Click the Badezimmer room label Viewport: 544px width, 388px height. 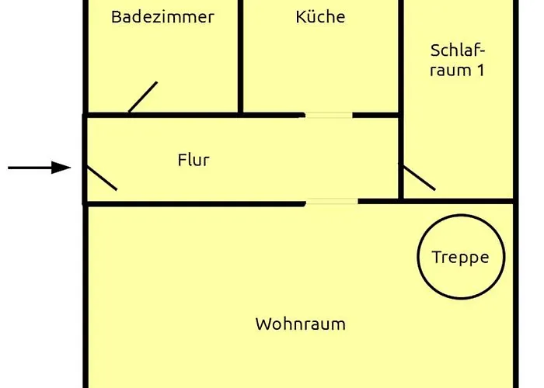pos(162,17)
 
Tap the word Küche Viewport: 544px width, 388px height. pos(320,17)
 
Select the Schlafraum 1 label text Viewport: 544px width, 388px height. pos(458,60)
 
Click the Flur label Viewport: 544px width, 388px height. pos(194,161)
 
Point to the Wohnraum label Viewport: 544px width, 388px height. pos(300,324)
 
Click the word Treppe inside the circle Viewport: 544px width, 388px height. pos(461,258)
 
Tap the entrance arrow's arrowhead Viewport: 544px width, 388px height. pos(62,167)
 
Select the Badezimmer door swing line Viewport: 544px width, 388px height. pos(143,97)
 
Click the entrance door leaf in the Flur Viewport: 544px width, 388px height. pos(101,178)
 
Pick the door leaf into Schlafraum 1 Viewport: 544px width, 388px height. pos(417,177)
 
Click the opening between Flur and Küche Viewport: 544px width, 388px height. pos(327,116)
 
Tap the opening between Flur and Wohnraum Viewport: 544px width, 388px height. pos(331,203)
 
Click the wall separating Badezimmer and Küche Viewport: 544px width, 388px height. pos(240,54)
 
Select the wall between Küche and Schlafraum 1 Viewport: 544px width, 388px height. pos(402,54)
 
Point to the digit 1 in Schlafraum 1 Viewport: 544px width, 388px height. pos(480,70)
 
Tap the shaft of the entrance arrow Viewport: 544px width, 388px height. pos(31,167)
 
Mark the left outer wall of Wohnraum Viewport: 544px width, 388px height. pos(85,303)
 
